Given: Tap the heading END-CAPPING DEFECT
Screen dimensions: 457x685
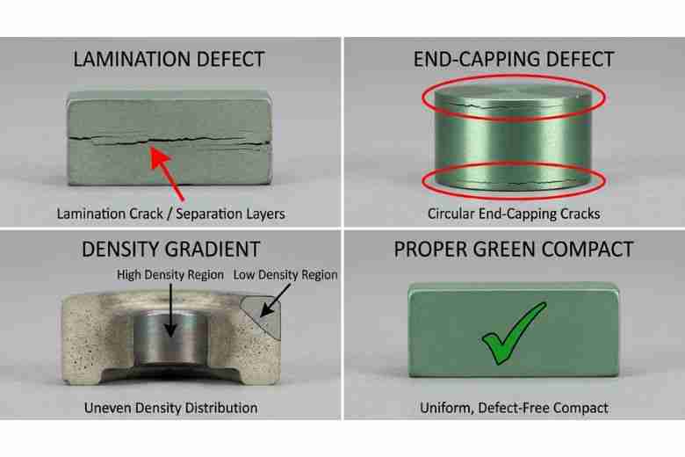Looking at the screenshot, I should pyautogui.click(x=514, y=60).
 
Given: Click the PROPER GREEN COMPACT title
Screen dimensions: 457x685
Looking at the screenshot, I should pyautogui.click(x=514, y=249).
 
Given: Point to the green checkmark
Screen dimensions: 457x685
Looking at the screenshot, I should pyautogui.click(x=513, y=334).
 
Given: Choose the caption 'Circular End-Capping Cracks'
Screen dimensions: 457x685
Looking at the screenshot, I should pyautogui.click(x=514, y=214).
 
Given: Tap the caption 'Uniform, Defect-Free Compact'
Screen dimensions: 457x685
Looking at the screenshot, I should pyautogui.click(x=514, y=408).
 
